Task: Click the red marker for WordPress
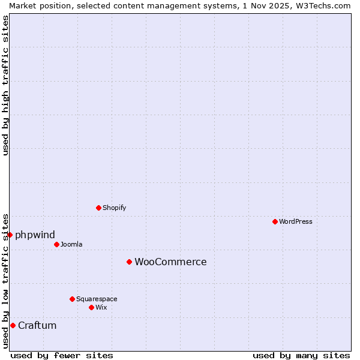point(275,221)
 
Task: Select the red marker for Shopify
point(98,208)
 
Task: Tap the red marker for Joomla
point(56,244)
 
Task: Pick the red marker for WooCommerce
point(129,262)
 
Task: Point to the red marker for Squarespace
point(72,299)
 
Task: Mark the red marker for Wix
point(91,307)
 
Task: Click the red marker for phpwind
point(10,235)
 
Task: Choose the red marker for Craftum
point(13,325)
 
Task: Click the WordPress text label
point(296,221)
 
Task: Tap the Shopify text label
point(114,208)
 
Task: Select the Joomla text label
point(71,244)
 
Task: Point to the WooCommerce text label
point(170,262)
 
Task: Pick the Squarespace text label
point(97,299)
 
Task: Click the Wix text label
point(101,307)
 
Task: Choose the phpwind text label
point(35,235)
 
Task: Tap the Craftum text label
point(37,325)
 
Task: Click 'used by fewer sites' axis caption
point(62,355)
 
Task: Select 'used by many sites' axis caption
point(301,355)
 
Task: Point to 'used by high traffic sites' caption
point(5,85)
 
